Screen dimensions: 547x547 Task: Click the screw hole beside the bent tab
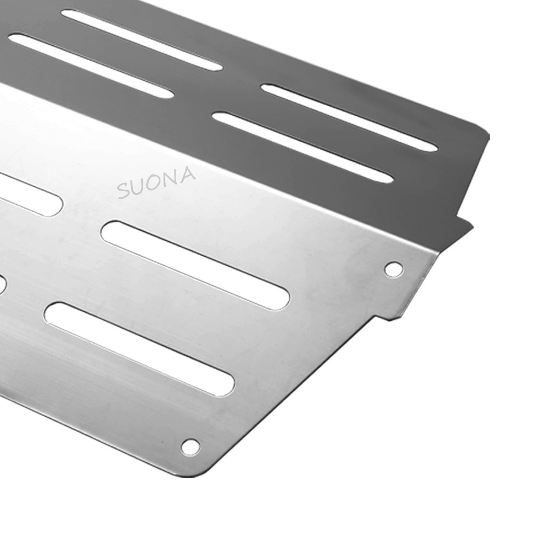pyautogui.click(x=393, y=269)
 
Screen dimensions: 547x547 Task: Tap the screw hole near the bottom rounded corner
pyautogui.click(x=190, y=446)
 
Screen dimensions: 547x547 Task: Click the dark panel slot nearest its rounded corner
pyautogui.click(x=349, y=118)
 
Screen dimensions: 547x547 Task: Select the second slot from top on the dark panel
pyautogui.click(x=91, y=66)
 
